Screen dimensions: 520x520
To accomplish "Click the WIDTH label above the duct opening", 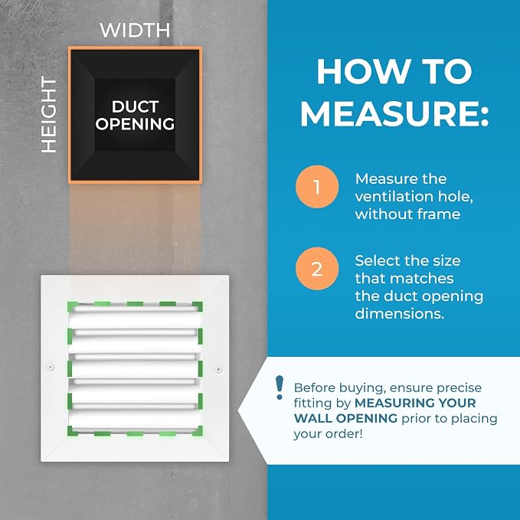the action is coord(135,30).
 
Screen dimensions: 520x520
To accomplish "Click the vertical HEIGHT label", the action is coord(49,115).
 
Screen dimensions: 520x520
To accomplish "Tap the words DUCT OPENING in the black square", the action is coord(135,115).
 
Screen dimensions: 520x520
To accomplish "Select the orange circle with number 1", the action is coord(317,187).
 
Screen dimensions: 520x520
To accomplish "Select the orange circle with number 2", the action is coord(317,269).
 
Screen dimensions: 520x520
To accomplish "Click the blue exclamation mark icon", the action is coord(280,388).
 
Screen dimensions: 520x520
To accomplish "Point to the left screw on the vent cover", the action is coord(51,367).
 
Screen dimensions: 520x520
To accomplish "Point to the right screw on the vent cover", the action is coord(218,369).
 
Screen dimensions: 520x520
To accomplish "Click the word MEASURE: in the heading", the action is coord(394,113).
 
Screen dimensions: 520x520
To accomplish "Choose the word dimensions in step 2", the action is coord(399,314).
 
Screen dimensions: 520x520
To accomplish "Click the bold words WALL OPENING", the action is coord(345,418).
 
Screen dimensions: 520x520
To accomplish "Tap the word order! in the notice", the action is coord(347,434).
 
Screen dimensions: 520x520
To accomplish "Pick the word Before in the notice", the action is coord(312,388).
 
